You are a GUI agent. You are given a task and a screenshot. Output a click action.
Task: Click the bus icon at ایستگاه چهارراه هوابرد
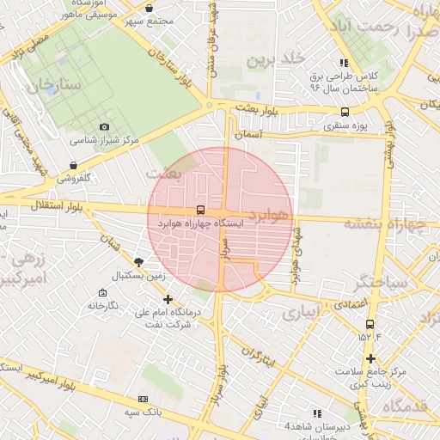tap(201, 210)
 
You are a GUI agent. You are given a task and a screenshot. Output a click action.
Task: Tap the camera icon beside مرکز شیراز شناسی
tap(105, 127)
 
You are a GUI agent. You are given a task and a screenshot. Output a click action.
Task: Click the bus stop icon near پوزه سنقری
tap(345, 112)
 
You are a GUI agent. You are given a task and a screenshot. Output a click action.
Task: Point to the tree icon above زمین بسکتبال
tap(140, 261)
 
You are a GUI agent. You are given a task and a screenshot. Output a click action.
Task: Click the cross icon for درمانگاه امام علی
tap(168, 299)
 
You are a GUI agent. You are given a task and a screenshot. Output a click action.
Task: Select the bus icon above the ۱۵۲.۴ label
tap(370, 324)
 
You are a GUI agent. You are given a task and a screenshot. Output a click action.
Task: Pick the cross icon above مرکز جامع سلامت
tap(370, 358)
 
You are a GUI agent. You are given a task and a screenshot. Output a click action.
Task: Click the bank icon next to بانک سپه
tap(143, 399)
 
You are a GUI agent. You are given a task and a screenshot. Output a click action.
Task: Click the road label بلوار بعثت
tap(261, 109)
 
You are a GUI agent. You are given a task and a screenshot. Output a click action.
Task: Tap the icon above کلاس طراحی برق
tap(344, 63)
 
